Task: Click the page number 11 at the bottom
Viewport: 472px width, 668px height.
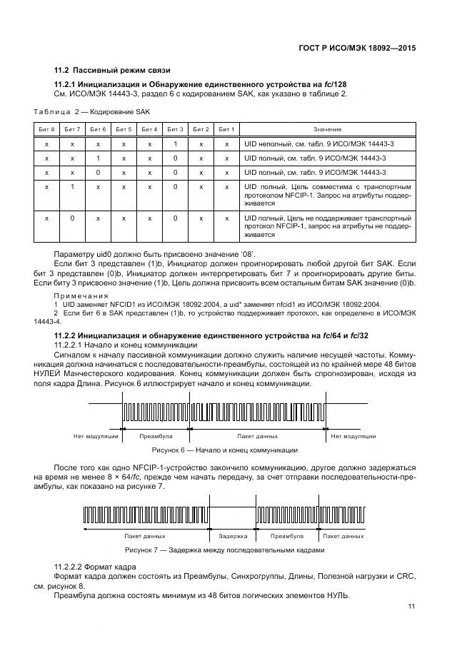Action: [411, 606]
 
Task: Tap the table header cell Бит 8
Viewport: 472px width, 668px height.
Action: [46, 129]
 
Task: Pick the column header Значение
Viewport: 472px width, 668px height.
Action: [327, 129]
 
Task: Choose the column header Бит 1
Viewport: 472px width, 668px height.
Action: [226, 129]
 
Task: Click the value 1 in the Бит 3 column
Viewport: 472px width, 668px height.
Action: [175, 144]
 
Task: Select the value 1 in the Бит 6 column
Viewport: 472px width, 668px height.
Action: [98, 158]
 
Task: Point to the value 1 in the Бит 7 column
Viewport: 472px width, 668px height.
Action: [72, 187]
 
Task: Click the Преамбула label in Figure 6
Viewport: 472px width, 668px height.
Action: [155, 435]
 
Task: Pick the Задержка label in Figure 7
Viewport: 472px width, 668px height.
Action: [233, 535]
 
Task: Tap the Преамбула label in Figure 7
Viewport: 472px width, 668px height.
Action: [287, 535]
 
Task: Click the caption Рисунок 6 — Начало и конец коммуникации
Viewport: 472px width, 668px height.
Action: [225, 450]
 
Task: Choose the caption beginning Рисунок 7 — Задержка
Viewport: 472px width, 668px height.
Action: [225, 550]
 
